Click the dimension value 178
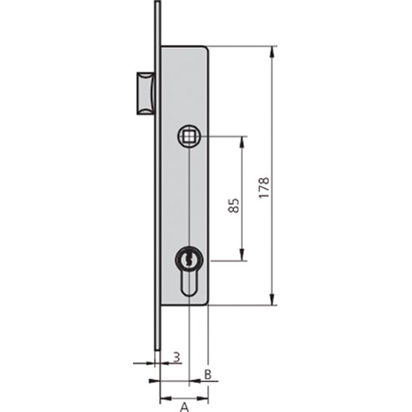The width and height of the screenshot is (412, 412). (264, 187)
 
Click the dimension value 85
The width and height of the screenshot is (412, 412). (233, 205)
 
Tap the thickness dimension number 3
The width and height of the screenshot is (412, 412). (177, 357)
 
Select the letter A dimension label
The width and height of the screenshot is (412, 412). (185, 407)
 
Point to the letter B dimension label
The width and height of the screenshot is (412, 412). (208, 374)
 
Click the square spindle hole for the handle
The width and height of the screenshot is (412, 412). (189, 137)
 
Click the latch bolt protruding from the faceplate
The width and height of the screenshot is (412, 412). (145, 93)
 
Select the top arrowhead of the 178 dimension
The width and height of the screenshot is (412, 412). (272, 52)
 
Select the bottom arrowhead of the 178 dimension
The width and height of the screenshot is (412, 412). (272, 299)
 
